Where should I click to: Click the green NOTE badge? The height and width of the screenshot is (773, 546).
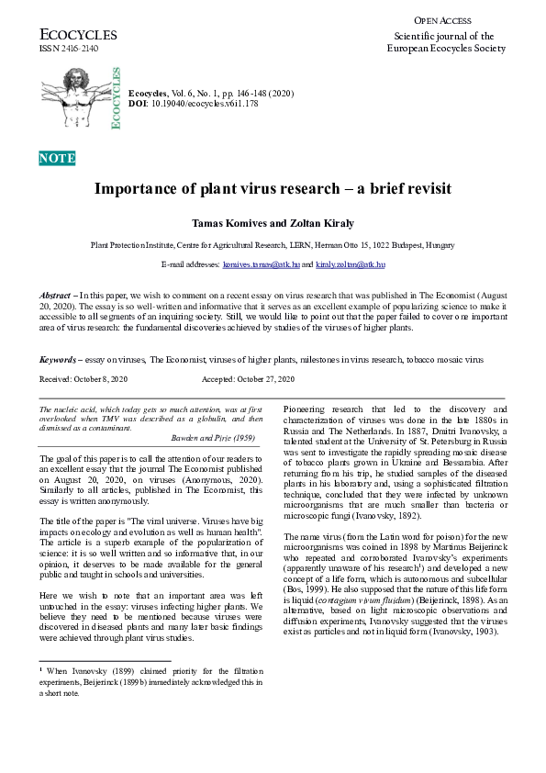(57, 159)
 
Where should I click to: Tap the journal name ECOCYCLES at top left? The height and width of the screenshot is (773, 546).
(77, 35)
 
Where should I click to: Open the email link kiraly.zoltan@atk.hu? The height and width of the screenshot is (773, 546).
(350, 264)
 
